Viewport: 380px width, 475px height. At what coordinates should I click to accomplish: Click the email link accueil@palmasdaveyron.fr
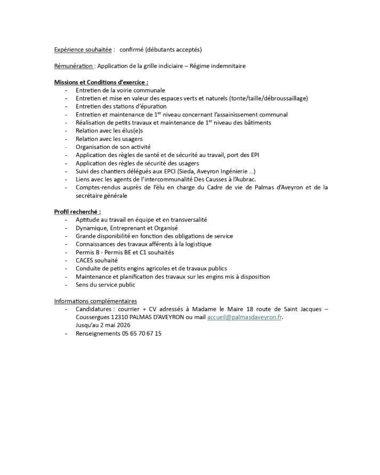[245, 317]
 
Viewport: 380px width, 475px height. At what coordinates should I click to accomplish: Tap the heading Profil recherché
[77, 211]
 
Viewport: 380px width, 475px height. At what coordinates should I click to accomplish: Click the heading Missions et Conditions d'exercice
[101, 82]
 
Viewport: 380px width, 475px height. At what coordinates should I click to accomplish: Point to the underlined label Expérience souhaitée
[83, 49]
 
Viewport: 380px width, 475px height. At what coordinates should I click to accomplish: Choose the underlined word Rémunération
[74, 66]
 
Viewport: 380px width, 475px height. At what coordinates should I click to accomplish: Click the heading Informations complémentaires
[95, 301]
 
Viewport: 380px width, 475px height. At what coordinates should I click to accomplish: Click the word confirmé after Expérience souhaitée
[133, 49]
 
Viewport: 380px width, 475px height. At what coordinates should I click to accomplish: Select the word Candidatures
[94, 309]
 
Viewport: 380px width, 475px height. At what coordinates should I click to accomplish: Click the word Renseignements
[98, 334]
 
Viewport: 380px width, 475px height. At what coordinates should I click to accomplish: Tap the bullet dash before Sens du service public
[66, 285]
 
